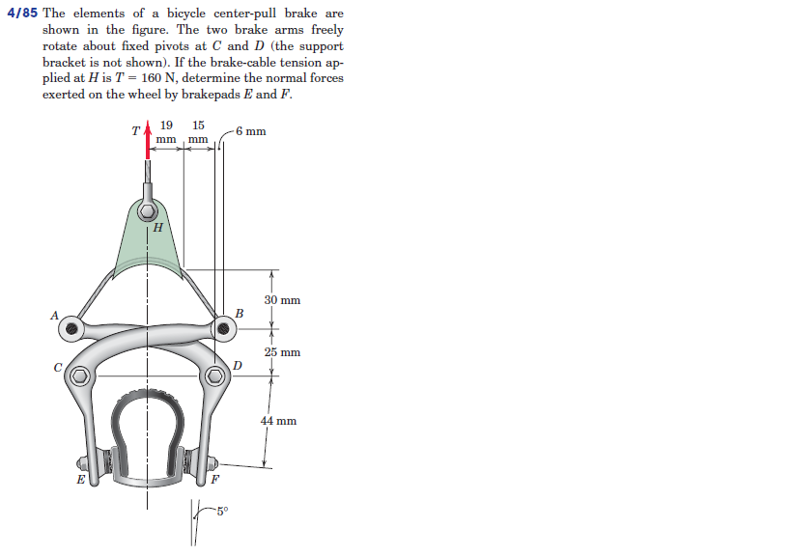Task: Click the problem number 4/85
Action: tap(22, 14)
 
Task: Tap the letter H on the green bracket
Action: tap(158, 228)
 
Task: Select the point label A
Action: tap(55, 315)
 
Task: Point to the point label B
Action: tap(240, 315)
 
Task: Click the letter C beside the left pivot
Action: tap(58, 367)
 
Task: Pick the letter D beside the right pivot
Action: tap(237, 364)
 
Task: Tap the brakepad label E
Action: tap(80, 478)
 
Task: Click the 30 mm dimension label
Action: tap(282, 300)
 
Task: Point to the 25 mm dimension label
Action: tap(282, 352)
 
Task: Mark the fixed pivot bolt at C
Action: tap(78, 377)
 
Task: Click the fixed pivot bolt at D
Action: tap(216, 376)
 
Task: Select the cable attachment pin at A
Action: tap(71, 328)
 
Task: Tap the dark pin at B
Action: tap(223, 328)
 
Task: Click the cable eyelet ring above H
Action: tap(147, 210)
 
